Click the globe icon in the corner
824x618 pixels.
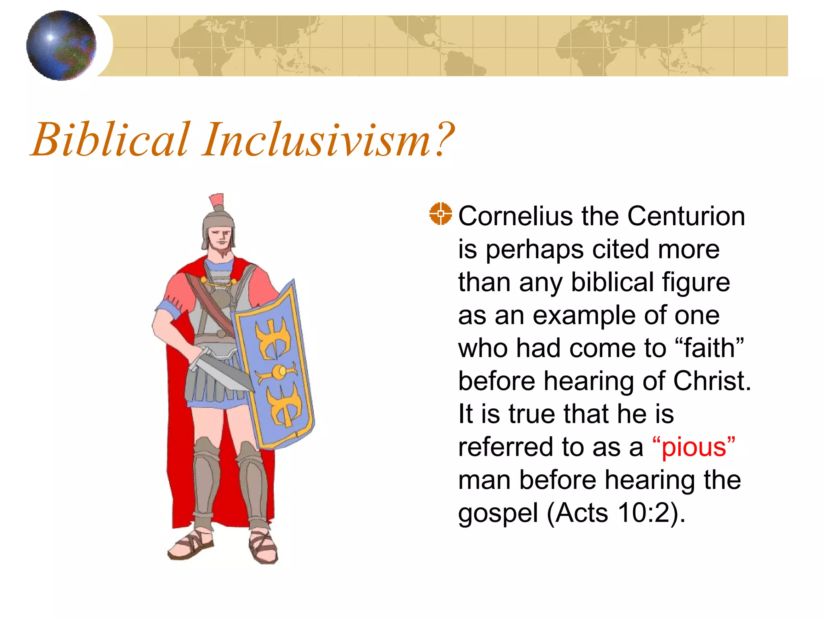pyautogui.click(x=61, y=45)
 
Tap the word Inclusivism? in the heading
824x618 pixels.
pyautogui.click(x=328, y=140)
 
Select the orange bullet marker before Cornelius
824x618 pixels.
pyautogui.click(x=440, y=214)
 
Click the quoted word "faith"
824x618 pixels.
pyautogui.click(x=710, y=348)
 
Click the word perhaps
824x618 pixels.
pyautogui.click(x=535, y=249)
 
